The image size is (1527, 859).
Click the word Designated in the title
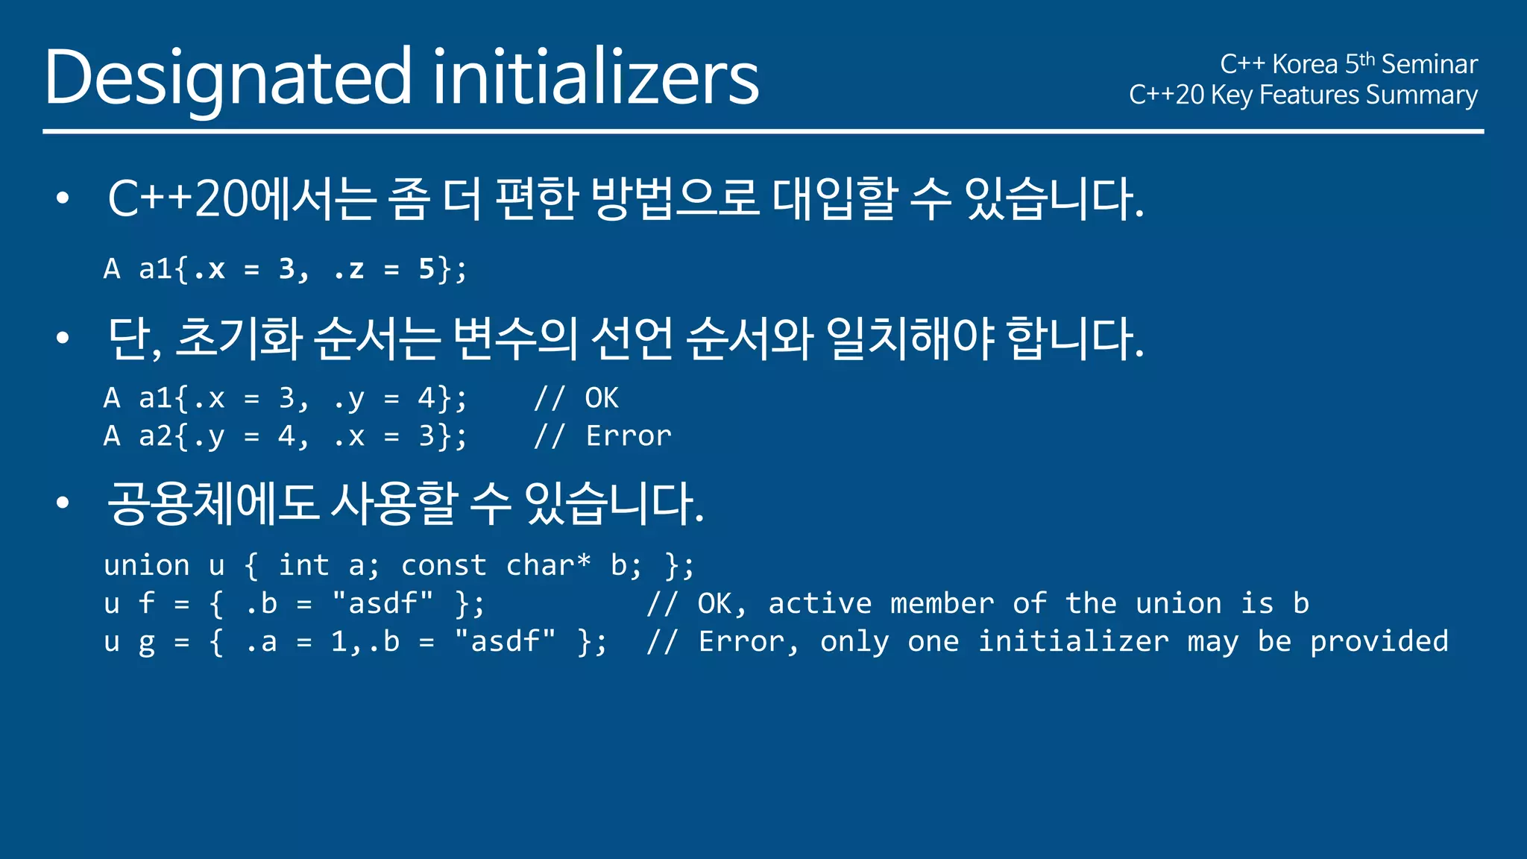coord(227,78)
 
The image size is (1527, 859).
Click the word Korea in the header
coord(1305,65)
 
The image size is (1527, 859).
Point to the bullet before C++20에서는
coord(63,198)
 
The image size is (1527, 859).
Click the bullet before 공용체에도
coord(63,503)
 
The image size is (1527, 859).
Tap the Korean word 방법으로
coord(675,198)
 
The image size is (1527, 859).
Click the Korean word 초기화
coord(239,338)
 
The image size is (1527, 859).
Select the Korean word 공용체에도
coord(213,503)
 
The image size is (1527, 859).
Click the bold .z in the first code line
coord(349,269)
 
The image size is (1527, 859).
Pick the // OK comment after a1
coord(576,398)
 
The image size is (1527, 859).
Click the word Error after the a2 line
coord(628,436)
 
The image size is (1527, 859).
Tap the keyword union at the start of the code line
coord(146,565)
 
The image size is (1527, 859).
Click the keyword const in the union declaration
coord(444,565)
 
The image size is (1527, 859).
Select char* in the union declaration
coord(548,565)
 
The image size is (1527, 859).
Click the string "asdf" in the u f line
coord(383,603)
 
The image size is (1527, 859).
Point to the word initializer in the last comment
coord(1073,641)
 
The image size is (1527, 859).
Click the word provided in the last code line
coord(1379,641)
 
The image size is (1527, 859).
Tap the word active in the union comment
coord(819,603)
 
